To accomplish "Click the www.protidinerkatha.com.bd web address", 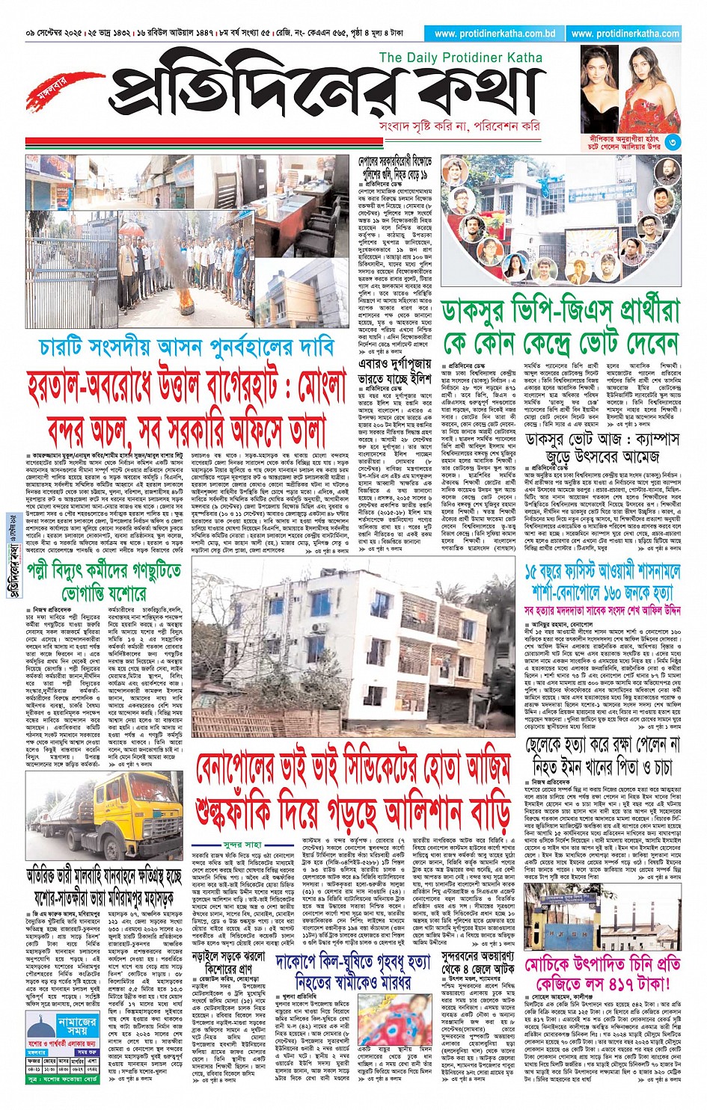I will click(494, 34).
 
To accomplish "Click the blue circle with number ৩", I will click(673, 141).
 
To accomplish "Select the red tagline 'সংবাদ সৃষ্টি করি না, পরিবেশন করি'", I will click(459, 127).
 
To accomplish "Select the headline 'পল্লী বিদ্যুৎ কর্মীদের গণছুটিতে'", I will click(104, 571).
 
